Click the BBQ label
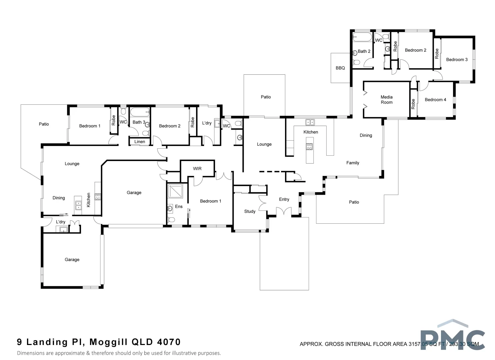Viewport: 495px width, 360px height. pos(340,68)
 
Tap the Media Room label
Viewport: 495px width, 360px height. pos(386,100)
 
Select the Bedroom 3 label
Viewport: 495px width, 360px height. pos(456,60)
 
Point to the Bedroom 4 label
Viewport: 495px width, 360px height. pos(435,100)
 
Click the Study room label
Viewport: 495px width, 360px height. pos(250,211)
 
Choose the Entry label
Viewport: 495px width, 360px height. pos(284,199)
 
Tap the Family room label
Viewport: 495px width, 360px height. pos(352,163)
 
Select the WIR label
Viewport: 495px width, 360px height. pos(197,169)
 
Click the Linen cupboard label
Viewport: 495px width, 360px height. pos(139,142)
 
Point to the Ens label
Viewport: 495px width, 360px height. pos(179,207)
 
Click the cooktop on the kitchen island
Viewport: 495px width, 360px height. pos(309,146)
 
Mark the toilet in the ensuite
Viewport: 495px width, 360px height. pos(171,220)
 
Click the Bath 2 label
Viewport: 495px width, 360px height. pos(364,51)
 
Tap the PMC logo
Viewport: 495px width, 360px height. pos(452,337)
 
